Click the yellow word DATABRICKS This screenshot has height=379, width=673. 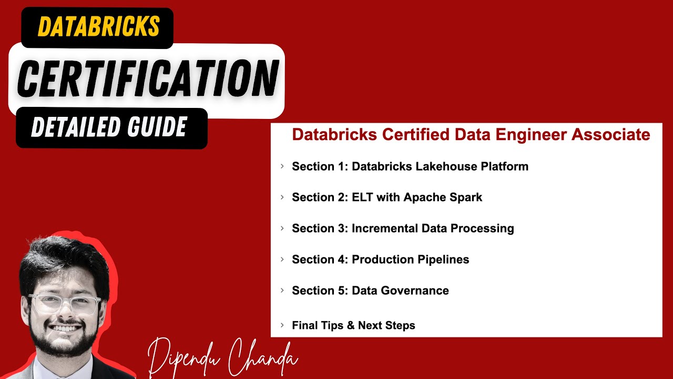tap(98, 26)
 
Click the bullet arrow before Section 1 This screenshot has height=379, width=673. tap(282, 166)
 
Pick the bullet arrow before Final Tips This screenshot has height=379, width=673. tap(282, 325)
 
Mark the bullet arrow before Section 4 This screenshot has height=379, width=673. tap(282, 260)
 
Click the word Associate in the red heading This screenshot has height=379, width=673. tap(611, 135)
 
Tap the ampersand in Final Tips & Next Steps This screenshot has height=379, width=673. tap(351, 325)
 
